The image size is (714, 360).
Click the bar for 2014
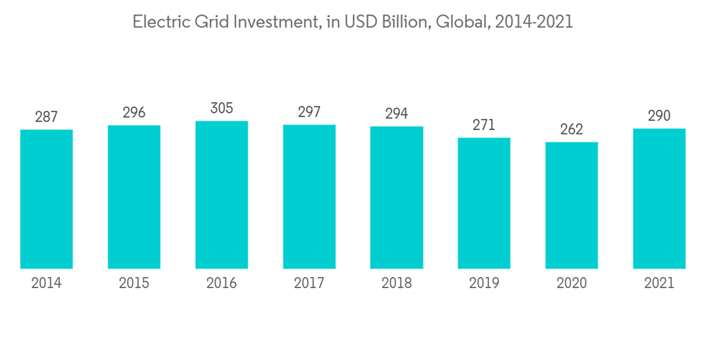click(x=46, y=199)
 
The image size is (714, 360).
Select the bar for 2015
click(x=134, y=197)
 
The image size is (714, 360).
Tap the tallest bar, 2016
click(x=221, y=195)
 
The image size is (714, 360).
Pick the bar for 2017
click(x=309, y=196)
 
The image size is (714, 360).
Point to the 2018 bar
click(x=396, y=198)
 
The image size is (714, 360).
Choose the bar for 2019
click(x=484, y=204)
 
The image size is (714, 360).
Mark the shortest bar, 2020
click(x=571, y=206)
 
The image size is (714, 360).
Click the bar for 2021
click(x=659, y=199)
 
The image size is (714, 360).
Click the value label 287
click(x=46, y=116)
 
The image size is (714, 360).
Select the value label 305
click(x=221, y=108)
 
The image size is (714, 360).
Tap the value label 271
click(x=484, y=125)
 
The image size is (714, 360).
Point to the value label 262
click(x=571, y=129)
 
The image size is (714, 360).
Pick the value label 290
click(x=659, y=116)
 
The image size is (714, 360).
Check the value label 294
click(x=396, y=114)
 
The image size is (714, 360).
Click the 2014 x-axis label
click(x=46, y=284)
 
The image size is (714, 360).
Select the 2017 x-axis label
click(x=309, y=284)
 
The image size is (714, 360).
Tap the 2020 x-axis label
click(x=571, y=284)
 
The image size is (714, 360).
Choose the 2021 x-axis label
click(x=659, y=284)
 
